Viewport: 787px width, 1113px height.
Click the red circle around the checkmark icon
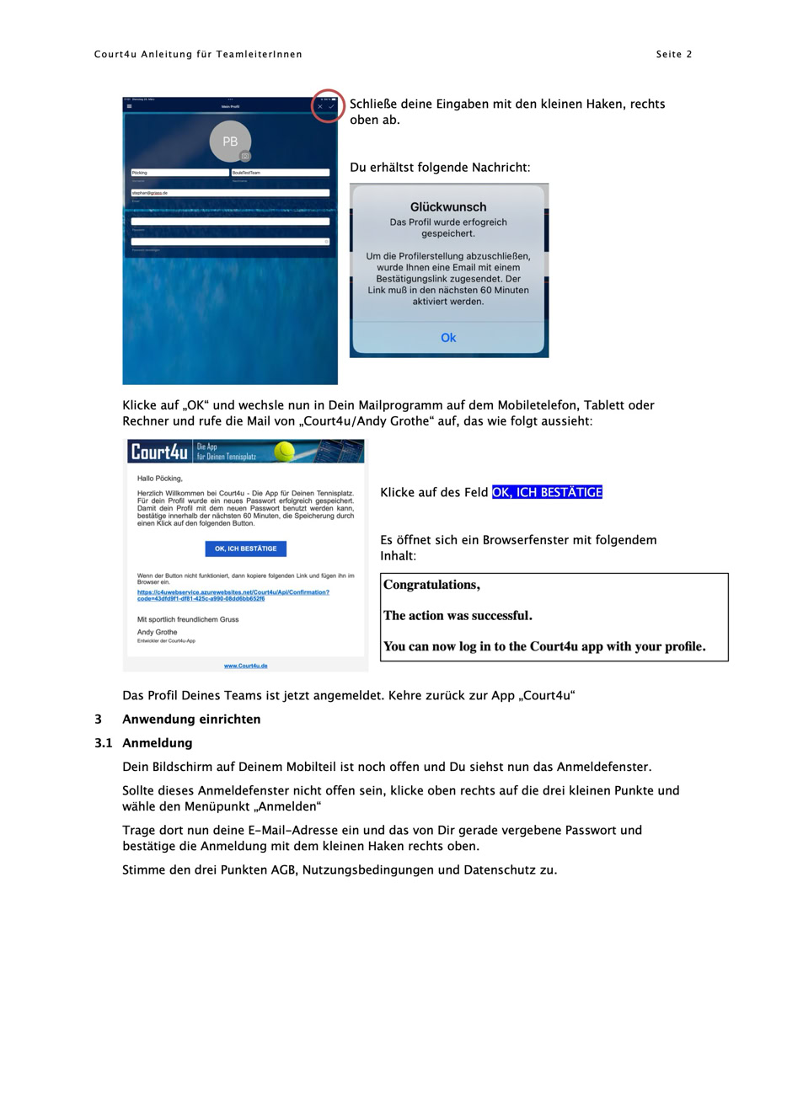pyautogui.click(x=328, y=105)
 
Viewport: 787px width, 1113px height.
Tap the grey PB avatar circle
pyautogui.click(x=230, y=142)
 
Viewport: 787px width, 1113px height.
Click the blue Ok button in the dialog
pyautogui.click(x=448, y=338)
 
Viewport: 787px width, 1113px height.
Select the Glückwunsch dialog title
pyautogui.click(x=448, y=206)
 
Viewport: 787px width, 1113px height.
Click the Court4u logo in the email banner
pyautogui.click(x=159, y=452)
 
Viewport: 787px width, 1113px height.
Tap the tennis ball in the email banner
pyautogui.click(x=285, y=452)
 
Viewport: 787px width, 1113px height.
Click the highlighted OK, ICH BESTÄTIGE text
pyautogui.click(x=547, y=492)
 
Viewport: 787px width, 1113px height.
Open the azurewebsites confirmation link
pyautogui.click(x=233, y=595)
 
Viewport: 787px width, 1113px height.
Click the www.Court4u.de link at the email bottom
pyautogui.click(x=245, y=666)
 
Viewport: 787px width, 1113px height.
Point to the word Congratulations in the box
pyautogui.click(x=431, y=585)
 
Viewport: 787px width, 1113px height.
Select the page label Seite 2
pyautogui.click(x=674, y=55)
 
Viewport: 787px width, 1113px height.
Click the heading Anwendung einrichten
pyautogui.click(x=191, y=719)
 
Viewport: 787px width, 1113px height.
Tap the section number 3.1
pyautogui.click(x=103, y=742)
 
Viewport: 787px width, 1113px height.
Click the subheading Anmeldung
pyautogui.click(x=158, y=742)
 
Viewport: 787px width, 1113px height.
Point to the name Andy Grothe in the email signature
pyautogui.click(x=158, y=632)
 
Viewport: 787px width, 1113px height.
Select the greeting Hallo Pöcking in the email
pyautogui.click(x=159, y=479)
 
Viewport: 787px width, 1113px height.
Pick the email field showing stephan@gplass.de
pyautogui.click(x=230, y=193)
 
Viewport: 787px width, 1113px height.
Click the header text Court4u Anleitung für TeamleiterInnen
pyautogui.click(x=198, y=55)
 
